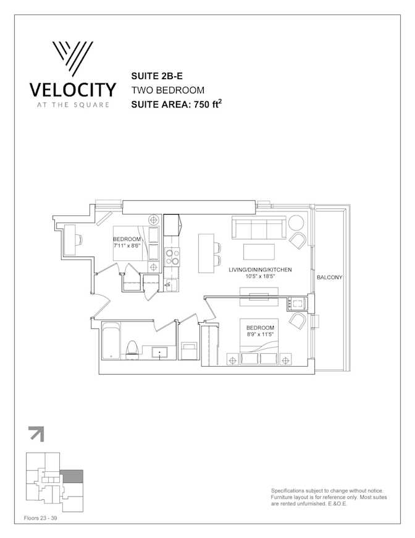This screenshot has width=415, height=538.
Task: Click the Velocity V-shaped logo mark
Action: (73, 58)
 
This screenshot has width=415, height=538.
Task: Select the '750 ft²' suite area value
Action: (207, 104)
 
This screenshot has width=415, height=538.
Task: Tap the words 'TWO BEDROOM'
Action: (168, 90)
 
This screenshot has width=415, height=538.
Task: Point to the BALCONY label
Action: (329, 277)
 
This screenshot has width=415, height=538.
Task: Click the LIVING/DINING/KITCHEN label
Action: (260, 270)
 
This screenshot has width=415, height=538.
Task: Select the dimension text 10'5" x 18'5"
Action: (261, 276)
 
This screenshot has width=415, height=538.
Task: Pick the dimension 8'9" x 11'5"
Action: (260, 335)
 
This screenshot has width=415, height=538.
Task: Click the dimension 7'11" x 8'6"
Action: (127, 246)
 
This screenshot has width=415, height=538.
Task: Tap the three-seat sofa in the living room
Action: (259, 227)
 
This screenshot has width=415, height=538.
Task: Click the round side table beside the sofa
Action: (296, 223)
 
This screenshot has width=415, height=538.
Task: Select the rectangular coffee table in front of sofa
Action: (259, 252)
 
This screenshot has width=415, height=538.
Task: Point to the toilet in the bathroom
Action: (132, 349)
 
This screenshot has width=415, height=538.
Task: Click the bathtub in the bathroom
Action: (111, 341)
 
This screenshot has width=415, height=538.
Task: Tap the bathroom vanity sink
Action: (160, 352)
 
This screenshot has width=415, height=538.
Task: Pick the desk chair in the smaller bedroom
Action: (79, 239)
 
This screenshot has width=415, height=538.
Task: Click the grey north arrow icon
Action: (36, 433)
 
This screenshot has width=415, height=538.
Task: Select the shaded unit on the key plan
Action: (72, 476)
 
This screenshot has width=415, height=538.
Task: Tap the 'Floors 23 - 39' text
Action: (40, 518)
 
